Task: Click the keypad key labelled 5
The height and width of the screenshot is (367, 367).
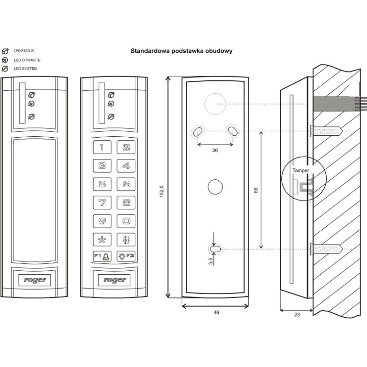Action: tap(102, 184)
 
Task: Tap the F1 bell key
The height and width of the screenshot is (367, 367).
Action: tap(102, 257)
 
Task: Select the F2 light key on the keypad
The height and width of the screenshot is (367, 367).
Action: tap(126, 257)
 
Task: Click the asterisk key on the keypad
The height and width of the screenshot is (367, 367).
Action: tap(102, 239)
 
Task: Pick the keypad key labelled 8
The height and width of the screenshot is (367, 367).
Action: tap(126, 202)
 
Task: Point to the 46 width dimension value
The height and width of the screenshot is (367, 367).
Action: tap(216, 312)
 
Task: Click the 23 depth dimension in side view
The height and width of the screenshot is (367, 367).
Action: tap(296, 315)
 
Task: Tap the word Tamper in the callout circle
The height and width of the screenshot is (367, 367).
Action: tap(301, 170)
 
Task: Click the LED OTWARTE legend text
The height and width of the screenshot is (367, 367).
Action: tap(26, 60)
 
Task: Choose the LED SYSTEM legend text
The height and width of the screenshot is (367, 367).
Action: tap(26, 69)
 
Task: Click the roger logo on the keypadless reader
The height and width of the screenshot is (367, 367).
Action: tap(34, 279)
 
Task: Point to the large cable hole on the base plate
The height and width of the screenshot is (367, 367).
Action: tap(214, 104)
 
